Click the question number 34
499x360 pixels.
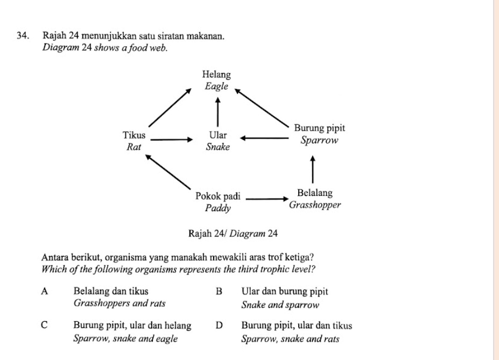tap(22, 36)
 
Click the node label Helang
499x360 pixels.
tap(216, 75)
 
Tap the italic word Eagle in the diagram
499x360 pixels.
tap(216, 86)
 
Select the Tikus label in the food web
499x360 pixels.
tap(133, 135)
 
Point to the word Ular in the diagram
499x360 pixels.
tap(218, 135)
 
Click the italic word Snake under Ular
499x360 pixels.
tap(218, 146)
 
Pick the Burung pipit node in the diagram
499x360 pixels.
tap(319, 129)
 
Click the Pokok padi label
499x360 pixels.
tap(219, 196)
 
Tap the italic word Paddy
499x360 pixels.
tap(218, 208)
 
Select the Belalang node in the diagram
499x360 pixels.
tap(315, 193)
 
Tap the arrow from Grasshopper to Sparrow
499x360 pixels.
tap(312, 169)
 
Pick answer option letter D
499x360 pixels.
tap(219, 326)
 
